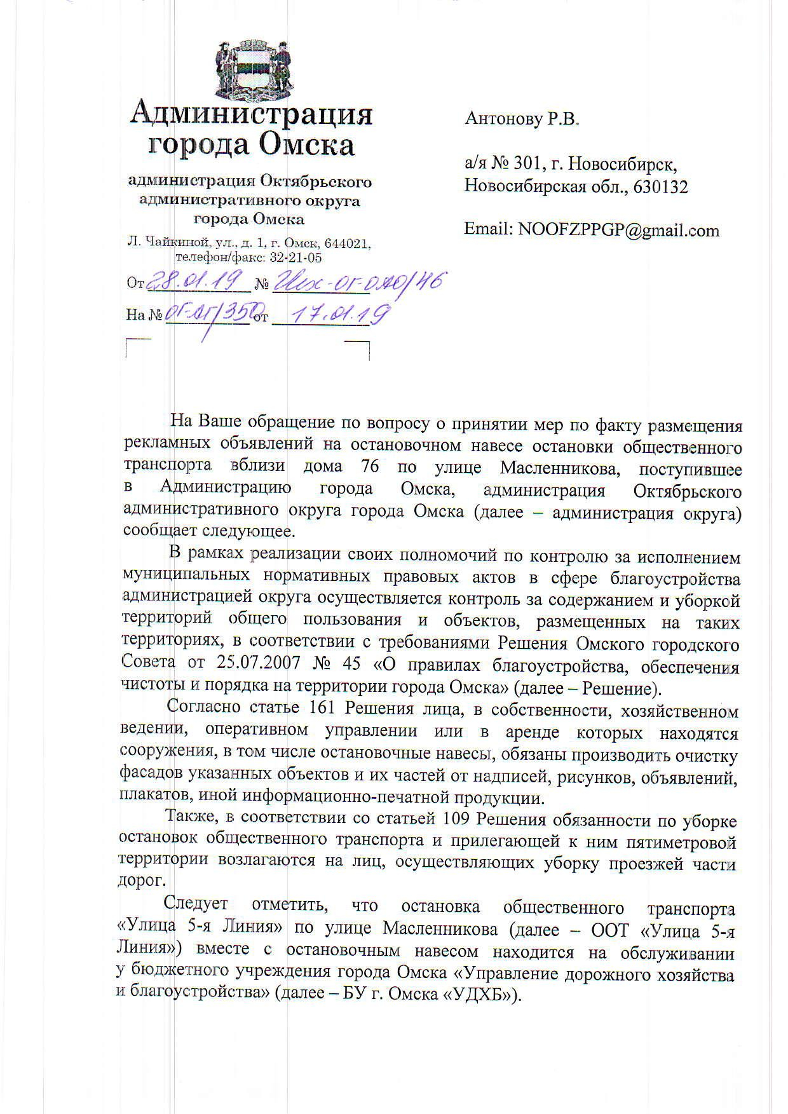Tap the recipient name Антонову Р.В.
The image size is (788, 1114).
coord(522,119)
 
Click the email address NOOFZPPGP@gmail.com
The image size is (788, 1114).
coord(619,230)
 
